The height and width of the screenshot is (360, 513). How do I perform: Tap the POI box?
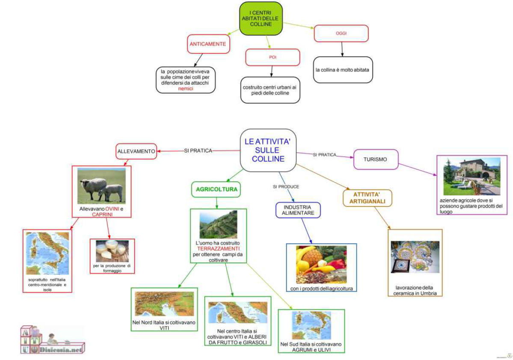[272, 57]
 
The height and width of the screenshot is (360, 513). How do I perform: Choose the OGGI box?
[341, 33]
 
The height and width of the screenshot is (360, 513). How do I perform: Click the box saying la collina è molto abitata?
[343, 69]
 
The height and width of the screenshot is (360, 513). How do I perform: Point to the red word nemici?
[186, 89]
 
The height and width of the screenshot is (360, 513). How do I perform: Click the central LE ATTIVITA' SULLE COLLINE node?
[268, 150]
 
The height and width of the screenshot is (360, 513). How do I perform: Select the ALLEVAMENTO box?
[136, 151]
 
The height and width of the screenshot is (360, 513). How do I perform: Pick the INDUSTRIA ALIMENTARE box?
[298, 210]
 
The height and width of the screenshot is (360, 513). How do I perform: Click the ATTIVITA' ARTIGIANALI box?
[367, 198]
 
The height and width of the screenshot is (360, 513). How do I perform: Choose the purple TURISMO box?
[375, 159]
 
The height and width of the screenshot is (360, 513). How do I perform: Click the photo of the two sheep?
[102, 186]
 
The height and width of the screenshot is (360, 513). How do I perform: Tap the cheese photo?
[112, 251]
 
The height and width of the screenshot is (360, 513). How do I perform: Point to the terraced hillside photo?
[218, 224]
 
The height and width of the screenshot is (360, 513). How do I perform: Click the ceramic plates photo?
[415, 256]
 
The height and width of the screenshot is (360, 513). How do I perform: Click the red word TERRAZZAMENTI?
[218, 248]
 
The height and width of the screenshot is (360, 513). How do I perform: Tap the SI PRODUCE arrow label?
[286, 187]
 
